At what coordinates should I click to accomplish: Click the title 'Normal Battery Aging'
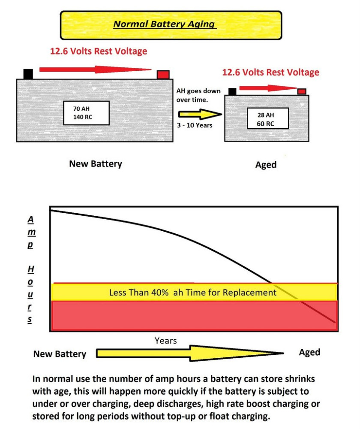pyautogui.click(x=164, y=24)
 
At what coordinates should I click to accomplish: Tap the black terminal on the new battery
pyautogui.click(x=28, y=74)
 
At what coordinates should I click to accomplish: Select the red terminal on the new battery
pyautogui.click(x=163, y=75)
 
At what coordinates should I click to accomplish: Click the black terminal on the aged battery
pyautogui.click(x=232, y=91)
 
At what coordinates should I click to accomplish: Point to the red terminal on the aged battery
pyautogui.click(x=302, y=91)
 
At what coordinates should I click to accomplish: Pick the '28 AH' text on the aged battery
pyautogui.click(x=265, y=115)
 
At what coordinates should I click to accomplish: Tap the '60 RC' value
pyautogui.click(x=265, y=124)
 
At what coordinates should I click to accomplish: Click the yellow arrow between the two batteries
pyautogui.click(x=198, y=115)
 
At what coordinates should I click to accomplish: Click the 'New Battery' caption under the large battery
pyautogui.click(x=96, y=164)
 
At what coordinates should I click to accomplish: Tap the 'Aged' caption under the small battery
pyautogui.click(x=266, y=165)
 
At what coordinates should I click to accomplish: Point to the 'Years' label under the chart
pyautogui.click(x=165, y=341)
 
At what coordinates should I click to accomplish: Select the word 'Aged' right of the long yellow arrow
pyautogui.click(x=309, y=352)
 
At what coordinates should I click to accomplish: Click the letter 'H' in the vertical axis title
pyautogui.click(x=31, y=269)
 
